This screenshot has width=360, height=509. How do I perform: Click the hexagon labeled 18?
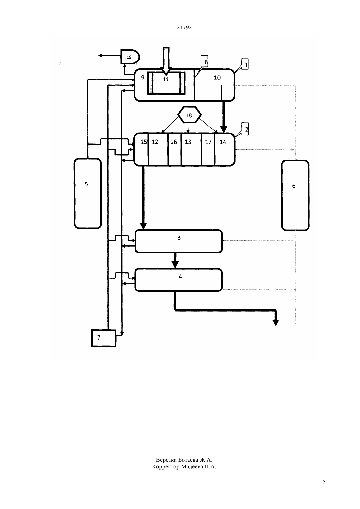189,114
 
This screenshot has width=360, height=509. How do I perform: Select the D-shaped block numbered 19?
130,57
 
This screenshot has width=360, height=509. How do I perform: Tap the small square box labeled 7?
104,338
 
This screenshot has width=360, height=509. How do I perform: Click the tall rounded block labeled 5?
87,193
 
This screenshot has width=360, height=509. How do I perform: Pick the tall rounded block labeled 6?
295,195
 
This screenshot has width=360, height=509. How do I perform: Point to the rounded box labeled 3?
178,241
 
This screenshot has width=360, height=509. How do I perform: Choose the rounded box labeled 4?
178,280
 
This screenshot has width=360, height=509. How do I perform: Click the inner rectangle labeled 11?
166,83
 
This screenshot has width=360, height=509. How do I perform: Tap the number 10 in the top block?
217,78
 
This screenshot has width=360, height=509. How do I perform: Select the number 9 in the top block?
143,78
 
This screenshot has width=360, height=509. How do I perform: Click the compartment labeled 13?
191,149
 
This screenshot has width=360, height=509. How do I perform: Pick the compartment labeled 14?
225,149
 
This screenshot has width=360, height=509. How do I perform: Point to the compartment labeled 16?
174,149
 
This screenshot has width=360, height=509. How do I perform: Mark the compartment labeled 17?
208,149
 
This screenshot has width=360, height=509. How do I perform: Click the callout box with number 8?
204,61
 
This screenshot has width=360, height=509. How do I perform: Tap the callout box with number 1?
245,64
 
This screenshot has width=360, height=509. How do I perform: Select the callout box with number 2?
245,129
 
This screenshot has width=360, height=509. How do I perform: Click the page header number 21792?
184,27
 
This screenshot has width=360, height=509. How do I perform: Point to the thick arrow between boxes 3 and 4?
175,260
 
